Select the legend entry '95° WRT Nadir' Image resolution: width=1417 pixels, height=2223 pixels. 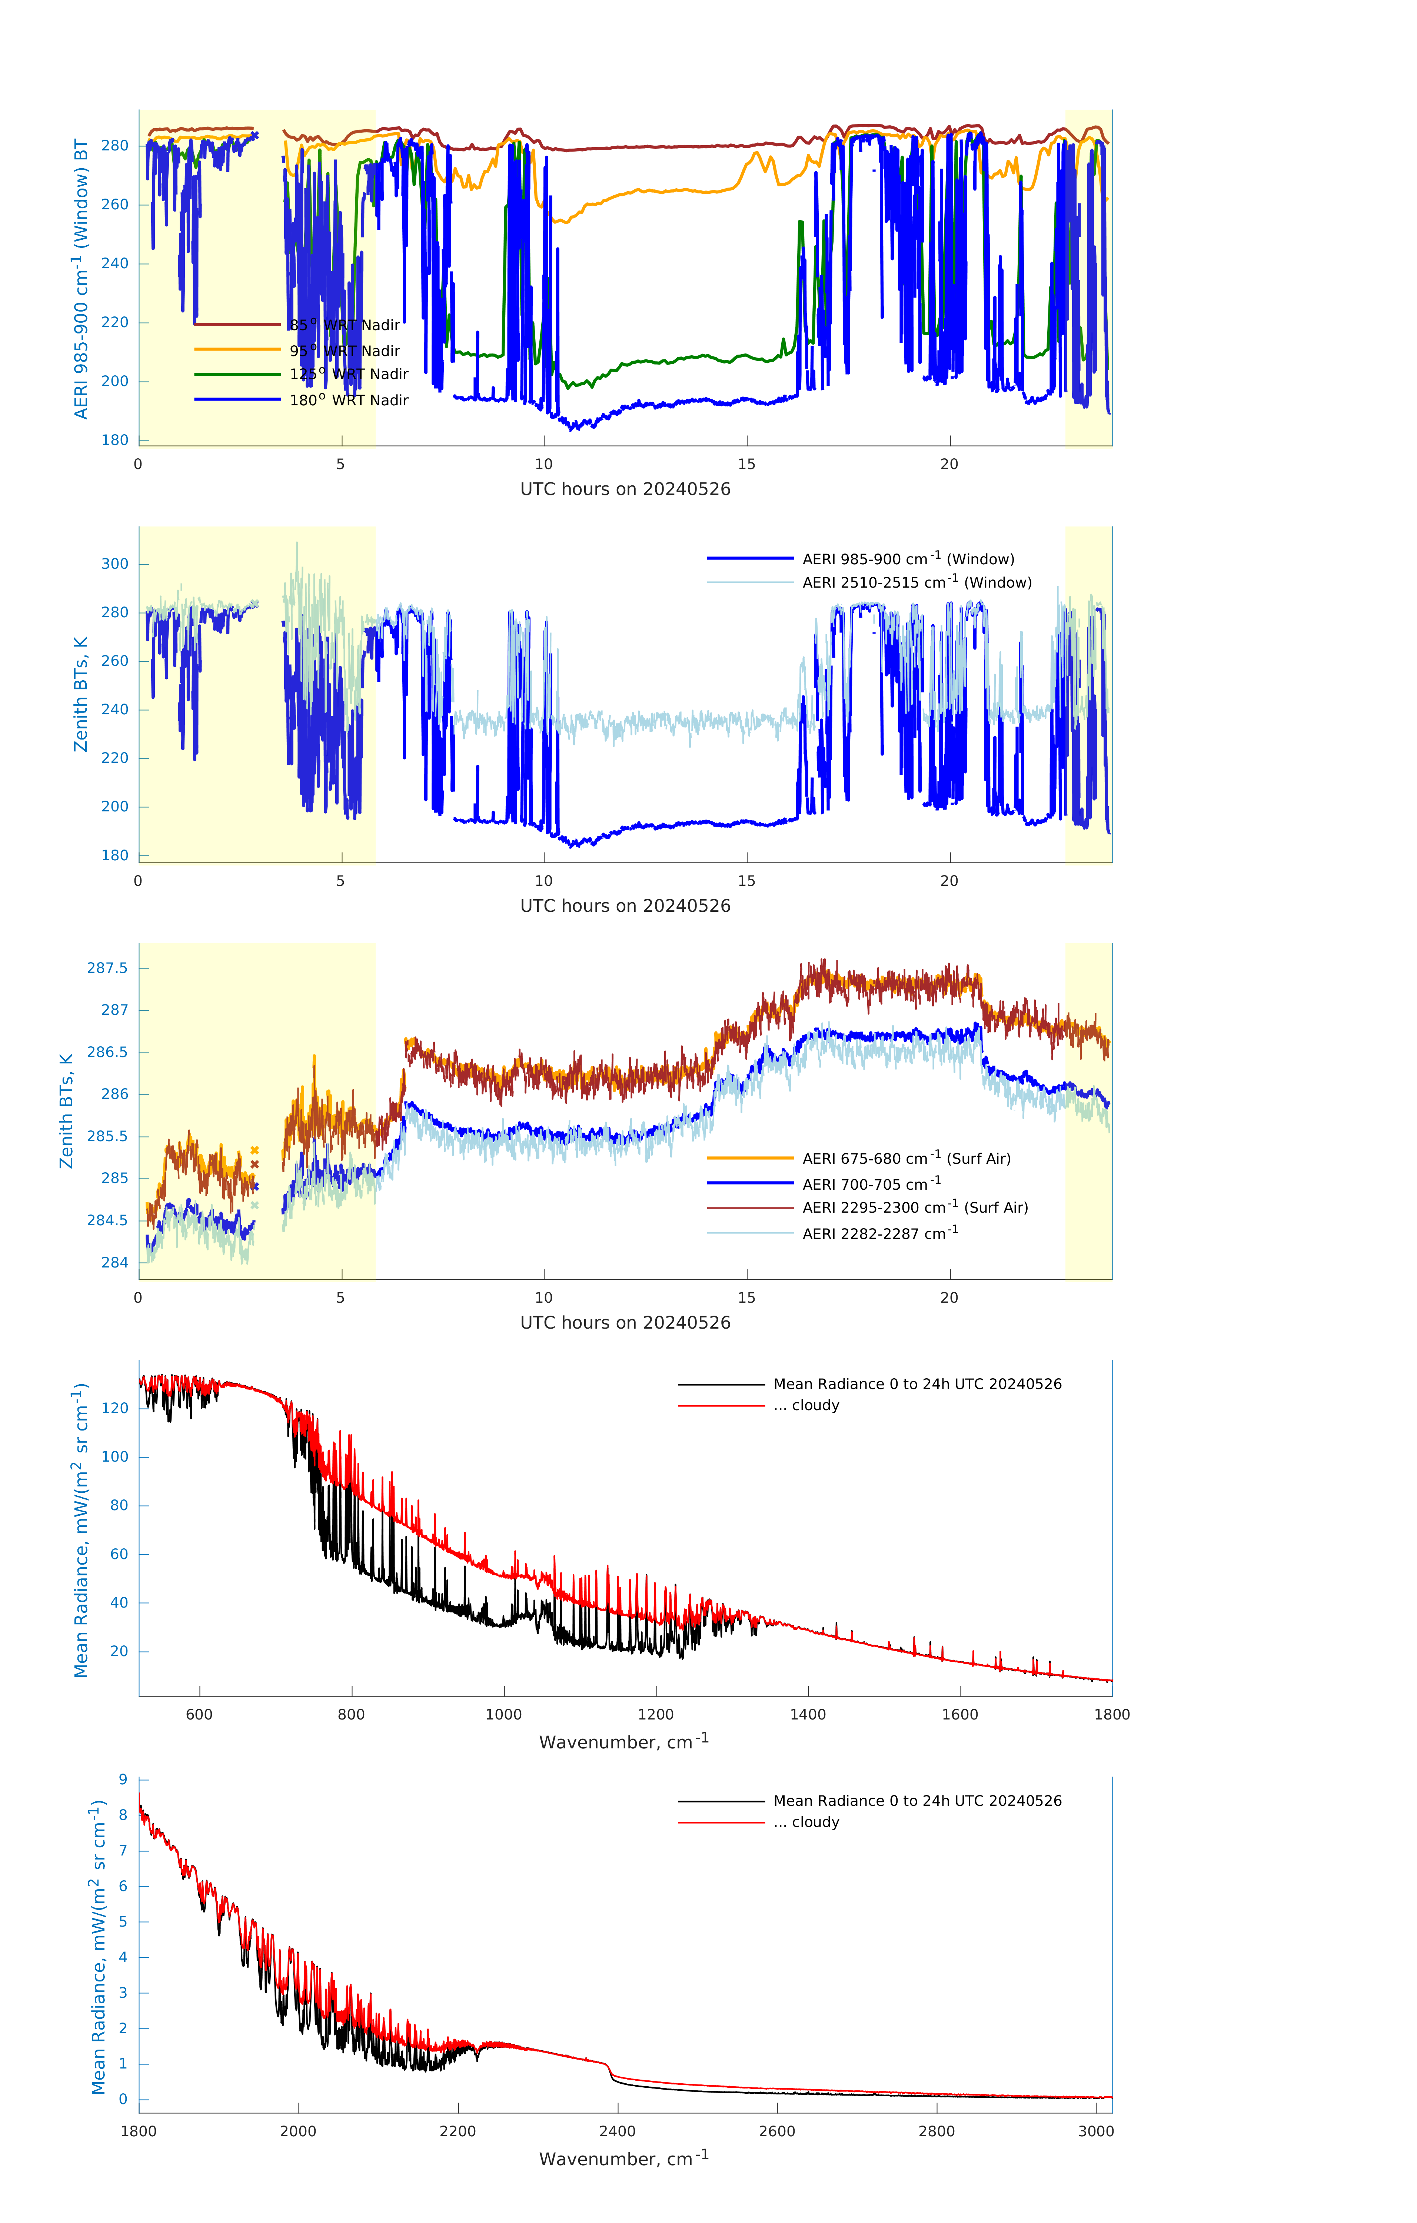pos(344,351)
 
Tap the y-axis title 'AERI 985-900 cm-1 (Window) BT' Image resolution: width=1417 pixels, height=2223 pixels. pos(81,279)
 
